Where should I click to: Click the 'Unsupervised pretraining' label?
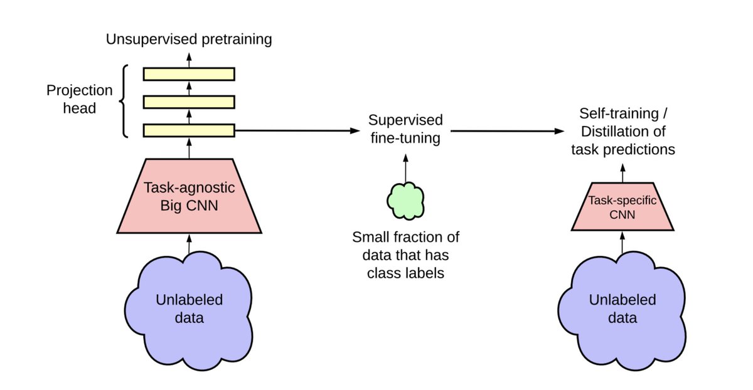coord(188,40)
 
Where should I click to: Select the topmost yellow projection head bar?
coord(188,74)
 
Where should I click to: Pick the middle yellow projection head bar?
coord(188,102)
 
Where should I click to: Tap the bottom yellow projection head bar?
coord(188,130)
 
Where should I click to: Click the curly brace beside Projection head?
coord(125,100)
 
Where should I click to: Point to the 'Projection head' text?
coord(79,99)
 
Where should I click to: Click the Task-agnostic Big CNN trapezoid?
coord(188,196)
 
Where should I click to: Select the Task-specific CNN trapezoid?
coord(622,208)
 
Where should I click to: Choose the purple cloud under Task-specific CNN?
coord(622,307)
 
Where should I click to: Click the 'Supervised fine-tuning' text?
coord(405,129)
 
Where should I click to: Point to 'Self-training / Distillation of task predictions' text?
coord(623,132)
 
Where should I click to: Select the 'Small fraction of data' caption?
coord(405,255)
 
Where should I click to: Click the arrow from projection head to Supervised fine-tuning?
coord(295,131)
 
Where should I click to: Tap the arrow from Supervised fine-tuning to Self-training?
coord(505,132)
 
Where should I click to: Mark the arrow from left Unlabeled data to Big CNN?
coord(188,243)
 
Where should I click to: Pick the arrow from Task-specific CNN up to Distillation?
coord(622,172)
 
